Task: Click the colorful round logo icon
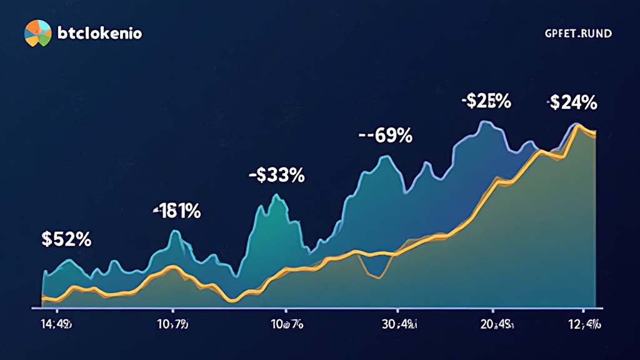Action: (37, 32)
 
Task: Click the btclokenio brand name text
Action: (99, 33)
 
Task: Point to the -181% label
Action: (177, 211)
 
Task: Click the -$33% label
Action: (276, 176)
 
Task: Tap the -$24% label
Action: (572, 102)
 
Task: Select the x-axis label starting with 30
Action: (397, 325)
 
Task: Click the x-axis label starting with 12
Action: (582, 325)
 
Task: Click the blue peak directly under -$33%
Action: (276, 197)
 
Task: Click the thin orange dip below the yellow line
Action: (377, 277)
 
